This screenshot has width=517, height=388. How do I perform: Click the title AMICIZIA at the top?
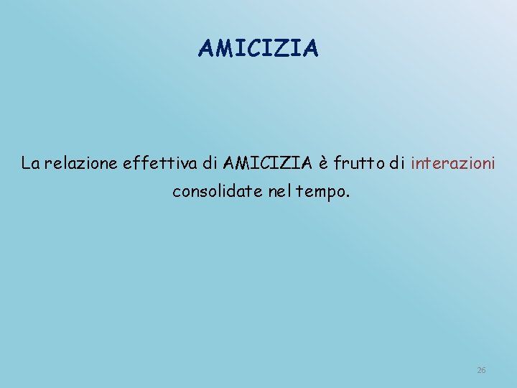[258, 48]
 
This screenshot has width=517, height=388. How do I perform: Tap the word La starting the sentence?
[31, 164]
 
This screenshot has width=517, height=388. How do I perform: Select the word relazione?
[82, 164]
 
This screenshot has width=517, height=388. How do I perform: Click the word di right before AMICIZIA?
[210, 164]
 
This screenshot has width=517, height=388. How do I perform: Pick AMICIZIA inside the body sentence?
[268, 164]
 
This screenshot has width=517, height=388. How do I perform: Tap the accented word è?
[325, 165]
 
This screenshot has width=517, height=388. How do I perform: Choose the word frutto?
[361, 164]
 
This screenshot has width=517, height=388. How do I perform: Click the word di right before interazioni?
[398, 164]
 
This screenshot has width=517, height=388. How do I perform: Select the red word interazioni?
[453, 164]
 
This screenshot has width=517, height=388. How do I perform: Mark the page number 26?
[481, 370]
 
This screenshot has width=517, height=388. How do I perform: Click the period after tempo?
[349, 197]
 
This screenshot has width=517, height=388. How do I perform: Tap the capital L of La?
[26, 164]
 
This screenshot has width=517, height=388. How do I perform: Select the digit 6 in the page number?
[483, 370]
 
